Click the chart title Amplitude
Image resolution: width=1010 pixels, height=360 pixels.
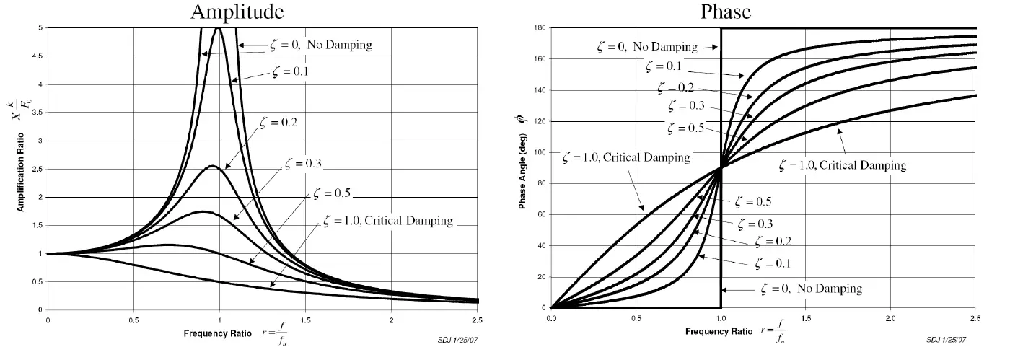[x=237, y=12]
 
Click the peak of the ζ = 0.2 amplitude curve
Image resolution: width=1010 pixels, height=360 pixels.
[x=212, y=166]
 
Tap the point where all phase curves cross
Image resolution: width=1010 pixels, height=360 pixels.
[x=721, y=167]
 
